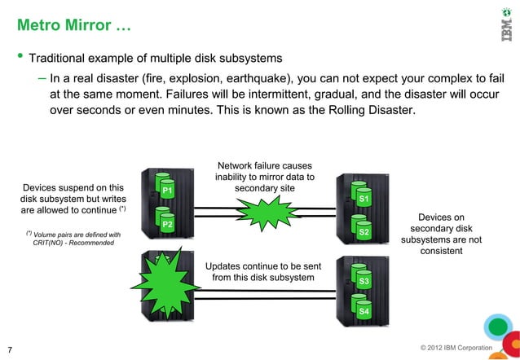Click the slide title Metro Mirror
click(70, 27)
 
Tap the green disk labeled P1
click(167, 190)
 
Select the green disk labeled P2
click(167, 223)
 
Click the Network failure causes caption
click(265, 166)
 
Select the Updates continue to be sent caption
click(262, 266)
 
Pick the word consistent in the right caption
click(441, 251)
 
